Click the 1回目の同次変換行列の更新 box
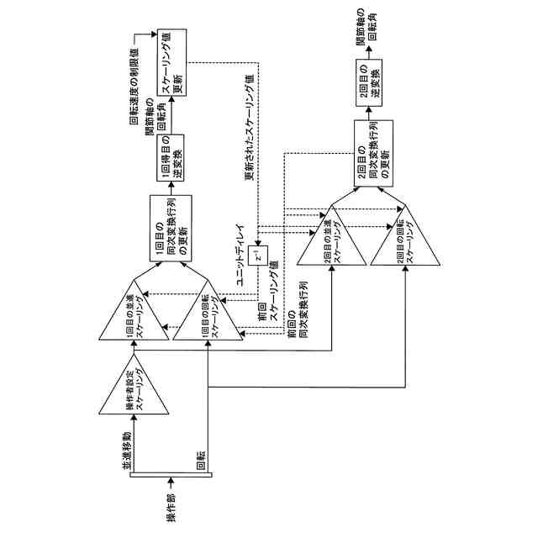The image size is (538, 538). point(171,229)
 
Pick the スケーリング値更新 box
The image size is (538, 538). point(171,61)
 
